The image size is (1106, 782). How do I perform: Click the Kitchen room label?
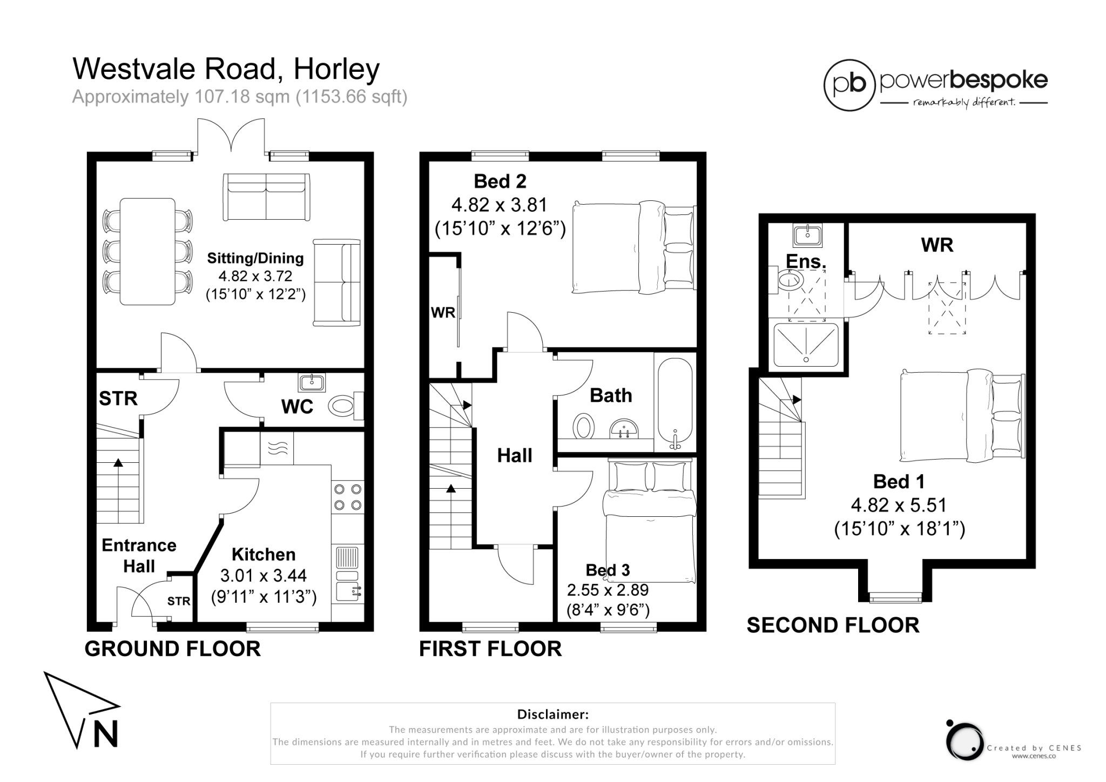point(264,555)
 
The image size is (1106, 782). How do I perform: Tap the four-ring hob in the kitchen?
point(347,497)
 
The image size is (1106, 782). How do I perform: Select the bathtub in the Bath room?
point(675,402)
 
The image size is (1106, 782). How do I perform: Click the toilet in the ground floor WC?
point(343,406)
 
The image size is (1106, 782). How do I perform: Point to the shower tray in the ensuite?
point(806,345)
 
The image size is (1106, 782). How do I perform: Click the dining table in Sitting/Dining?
point(147,251)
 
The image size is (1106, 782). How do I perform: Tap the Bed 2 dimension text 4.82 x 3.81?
point(499,205)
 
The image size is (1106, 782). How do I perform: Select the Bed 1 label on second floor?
point(899,482)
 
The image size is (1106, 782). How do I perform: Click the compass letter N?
point(105,734)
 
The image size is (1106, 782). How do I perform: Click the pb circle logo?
point(849,85)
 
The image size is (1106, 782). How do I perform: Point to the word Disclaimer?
point(552,714)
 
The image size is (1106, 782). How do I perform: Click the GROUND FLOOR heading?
point(172,649)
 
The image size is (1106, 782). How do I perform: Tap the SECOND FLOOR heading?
point(833,625)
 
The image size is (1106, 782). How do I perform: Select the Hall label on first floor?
point(514,456)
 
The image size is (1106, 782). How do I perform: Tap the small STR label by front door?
point(178,601)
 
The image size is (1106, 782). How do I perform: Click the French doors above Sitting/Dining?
point(231,135)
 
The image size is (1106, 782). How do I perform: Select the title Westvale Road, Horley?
point(226,69)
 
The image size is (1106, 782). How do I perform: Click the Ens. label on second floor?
point(806,261)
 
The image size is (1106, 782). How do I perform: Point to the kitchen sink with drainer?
point(347,572)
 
